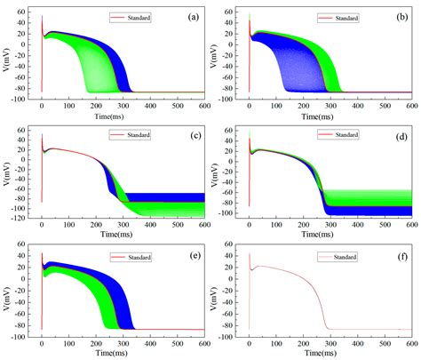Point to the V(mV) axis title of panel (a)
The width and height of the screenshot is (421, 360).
pyautogui.click(x=6, y=53)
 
